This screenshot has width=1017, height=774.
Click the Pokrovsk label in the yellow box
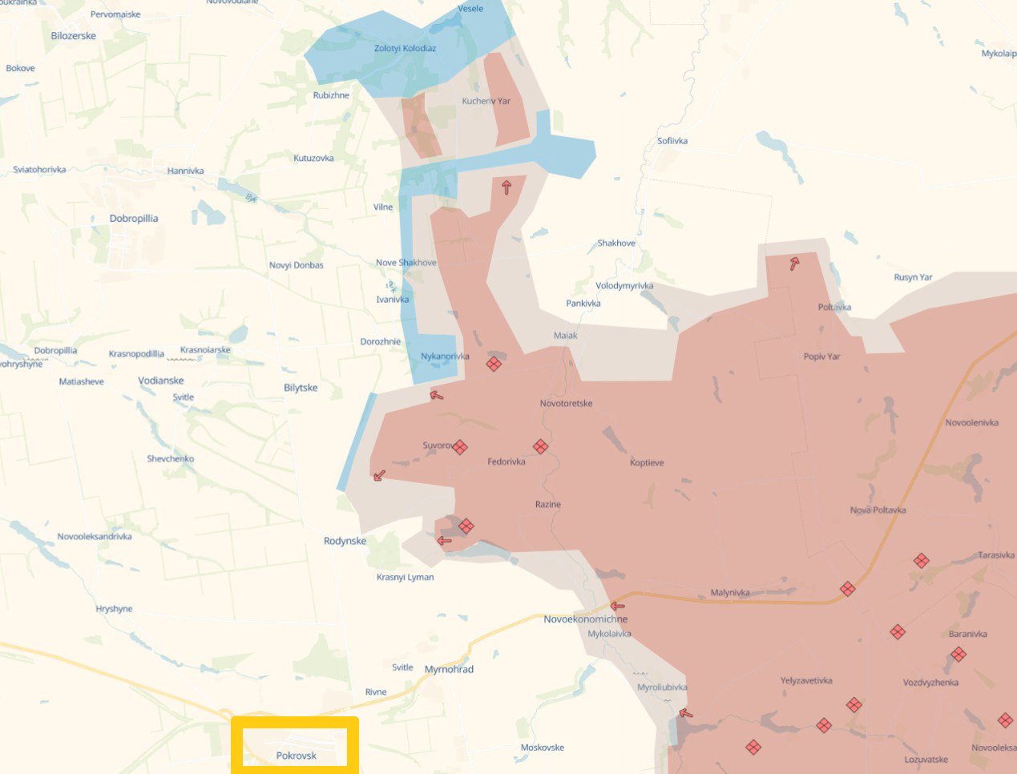pyautogui.click(x=296, y=756)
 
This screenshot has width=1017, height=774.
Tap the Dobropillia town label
pyautogui.click(x=134, y=218)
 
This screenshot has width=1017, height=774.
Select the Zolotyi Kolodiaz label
pyautogui.click(x=405, y=48)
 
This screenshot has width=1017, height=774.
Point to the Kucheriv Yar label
pyautogui.click(x=486, y=101)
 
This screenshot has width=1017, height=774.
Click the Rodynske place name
pyautogui.click(x=345, y=541)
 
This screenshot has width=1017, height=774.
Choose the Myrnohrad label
pyautogui.click(x=449, y=669)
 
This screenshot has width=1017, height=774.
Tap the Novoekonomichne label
pyautogui.click(x=585, y=619)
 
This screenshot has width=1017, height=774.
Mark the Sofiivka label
pyautogui.click(x=672, y=141)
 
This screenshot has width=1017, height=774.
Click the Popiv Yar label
pyautogui.click(x=821, y=357)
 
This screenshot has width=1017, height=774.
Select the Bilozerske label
pyautogui.click(x=73, y=36)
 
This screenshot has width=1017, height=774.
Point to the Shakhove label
pyautogui.click(x=615, y=243)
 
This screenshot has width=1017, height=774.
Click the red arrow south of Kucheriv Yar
pyautogui.click(x=506, y=187)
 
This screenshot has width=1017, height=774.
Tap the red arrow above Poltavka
pyautogui.click(x=793, y=264)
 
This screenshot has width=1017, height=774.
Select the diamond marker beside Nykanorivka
pyautogui.click(x=494, y=364)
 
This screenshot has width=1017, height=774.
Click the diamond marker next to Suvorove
pyautogui.click(x=459, y=447)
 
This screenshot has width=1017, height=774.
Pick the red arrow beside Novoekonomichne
pyautogui.click(x=616, y=607)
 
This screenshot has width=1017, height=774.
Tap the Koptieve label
pyautogui.click(x=647, y=462)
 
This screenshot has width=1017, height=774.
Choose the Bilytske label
pyautogui.click(x=301, y=388)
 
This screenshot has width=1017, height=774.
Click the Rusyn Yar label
pyautogui.click(x=913, y=277)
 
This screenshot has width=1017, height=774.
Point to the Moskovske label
pyautogui.click(x=542, y=748)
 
